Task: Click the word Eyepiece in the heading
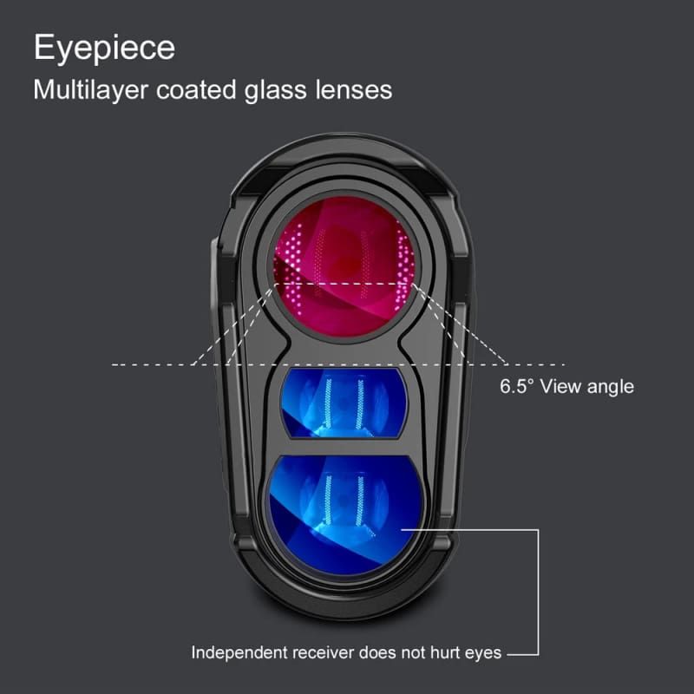pyautogui.click(x=104, y=49)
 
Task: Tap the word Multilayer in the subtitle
pyautogui.click(x=90, y=90)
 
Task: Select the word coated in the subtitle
pyautogui.click(x=196, y=90)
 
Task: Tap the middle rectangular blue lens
pyautogui.click(x=344, y=403)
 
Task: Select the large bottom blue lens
pyautogui.click(x=345, y=514)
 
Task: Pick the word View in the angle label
pyautogui.click(x=560, y=386)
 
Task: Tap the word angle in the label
pyautogui.click(x=611, y=388)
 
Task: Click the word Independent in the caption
pyautogui.click(x=239, y=653)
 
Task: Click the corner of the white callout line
pyautogui.click(x=538, y=529)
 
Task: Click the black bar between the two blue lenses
pyautogui.click(x=344, y=447)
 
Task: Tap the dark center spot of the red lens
pyautogui.click(x=350, y=265)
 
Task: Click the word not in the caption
pyautogui.click(x=413, y=653)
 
